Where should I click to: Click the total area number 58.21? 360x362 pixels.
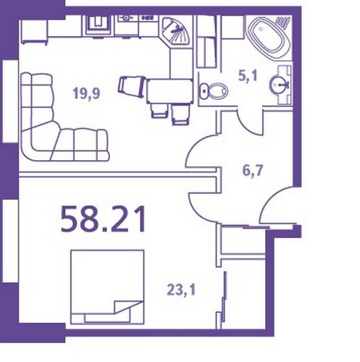[104, 219]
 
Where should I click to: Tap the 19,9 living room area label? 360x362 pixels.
[87, 93]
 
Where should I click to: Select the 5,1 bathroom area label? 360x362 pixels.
[248, 76]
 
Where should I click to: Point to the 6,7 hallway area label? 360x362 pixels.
[253, 171]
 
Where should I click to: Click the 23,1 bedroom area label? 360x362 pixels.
[181, 290]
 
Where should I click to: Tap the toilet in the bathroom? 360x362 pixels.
[214, 91]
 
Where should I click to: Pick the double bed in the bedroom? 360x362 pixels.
[107, 287]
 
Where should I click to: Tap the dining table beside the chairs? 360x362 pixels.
[170, 91]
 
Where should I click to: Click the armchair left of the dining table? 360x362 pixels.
[133, 86]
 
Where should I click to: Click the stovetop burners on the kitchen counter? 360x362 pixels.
[147, 17]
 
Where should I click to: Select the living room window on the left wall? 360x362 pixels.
[11, 101]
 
